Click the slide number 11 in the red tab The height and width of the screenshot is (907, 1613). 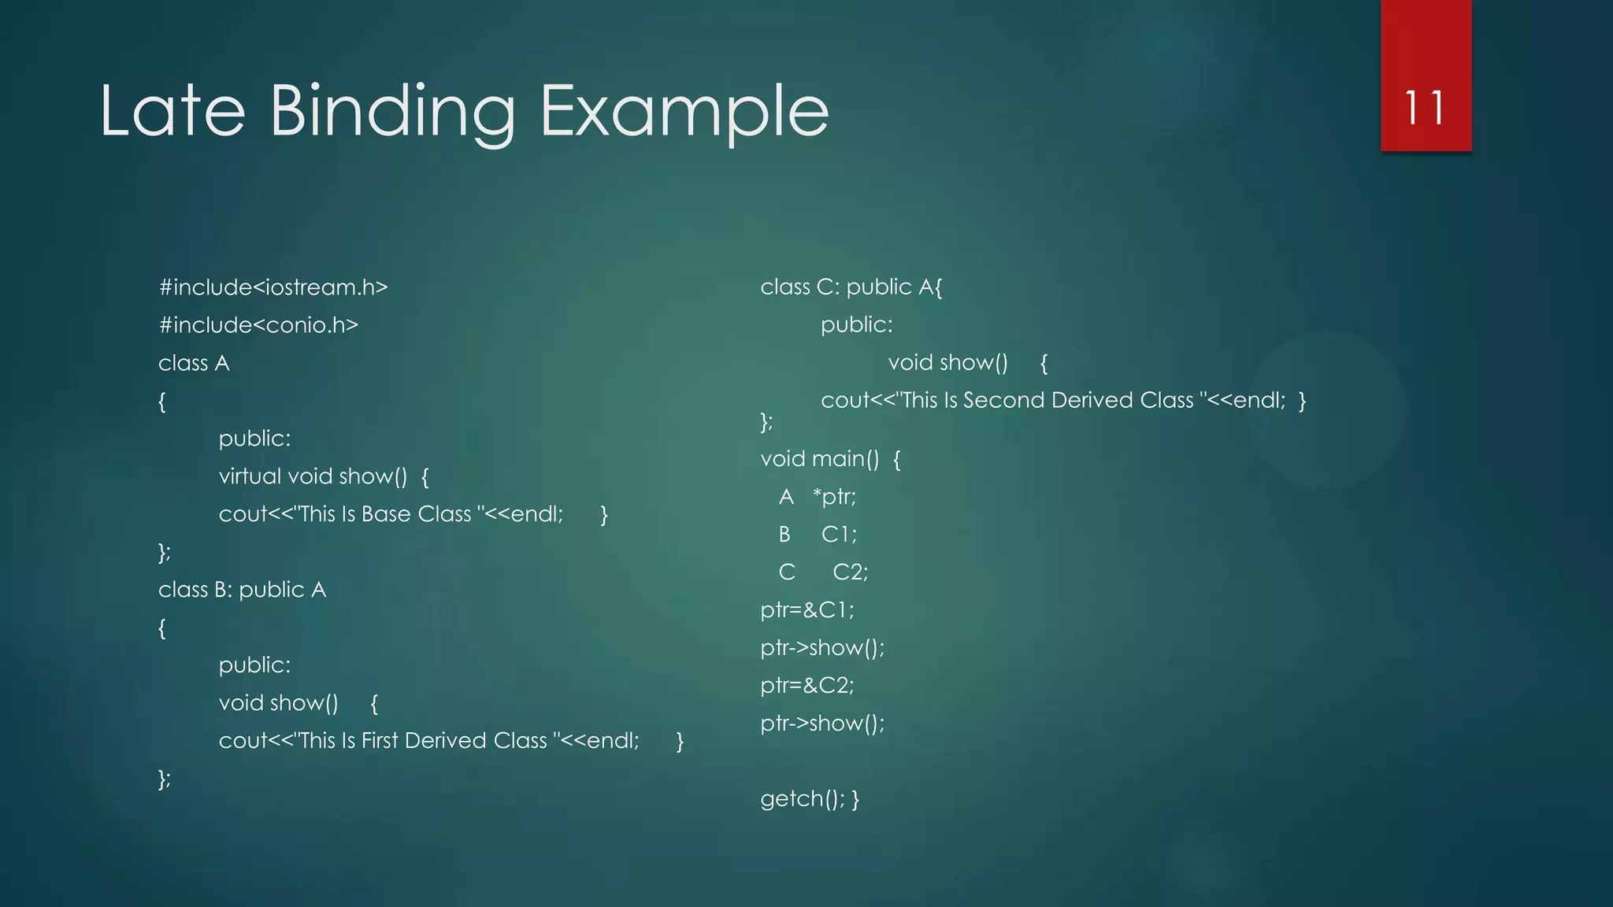1425,108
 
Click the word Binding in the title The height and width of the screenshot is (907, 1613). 392,113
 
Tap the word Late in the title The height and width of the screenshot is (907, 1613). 172,111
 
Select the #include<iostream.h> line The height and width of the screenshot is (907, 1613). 273,287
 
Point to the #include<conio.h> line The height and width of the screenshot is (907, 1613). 258,325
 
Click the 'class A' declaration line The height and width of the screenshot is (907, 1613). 194,363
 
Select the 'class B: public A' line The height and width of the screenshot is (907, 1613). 242,590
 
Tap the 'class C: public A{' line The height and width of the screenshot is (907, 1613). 851,287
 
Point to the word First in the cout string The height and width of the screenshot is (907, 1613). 380,741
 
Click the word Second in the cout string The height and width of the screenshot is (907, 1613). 1003,401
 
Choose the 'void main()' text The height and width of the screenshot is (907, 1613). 819,459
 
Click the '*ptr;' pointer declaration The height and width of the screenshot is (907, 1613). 834,497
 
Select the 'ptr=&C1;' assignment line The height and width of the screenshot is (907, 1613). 807,610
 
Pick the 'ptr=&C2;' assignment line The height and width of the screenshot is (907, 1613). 807,686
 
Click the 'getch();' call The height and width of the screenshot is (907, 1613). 803,799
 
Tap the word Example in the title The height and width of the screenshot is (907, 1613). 684,113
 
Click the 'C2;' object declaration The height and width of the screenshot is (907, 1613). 850,572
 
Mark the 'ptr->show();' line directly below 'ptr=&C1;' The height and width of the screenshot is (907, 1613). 822,648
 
